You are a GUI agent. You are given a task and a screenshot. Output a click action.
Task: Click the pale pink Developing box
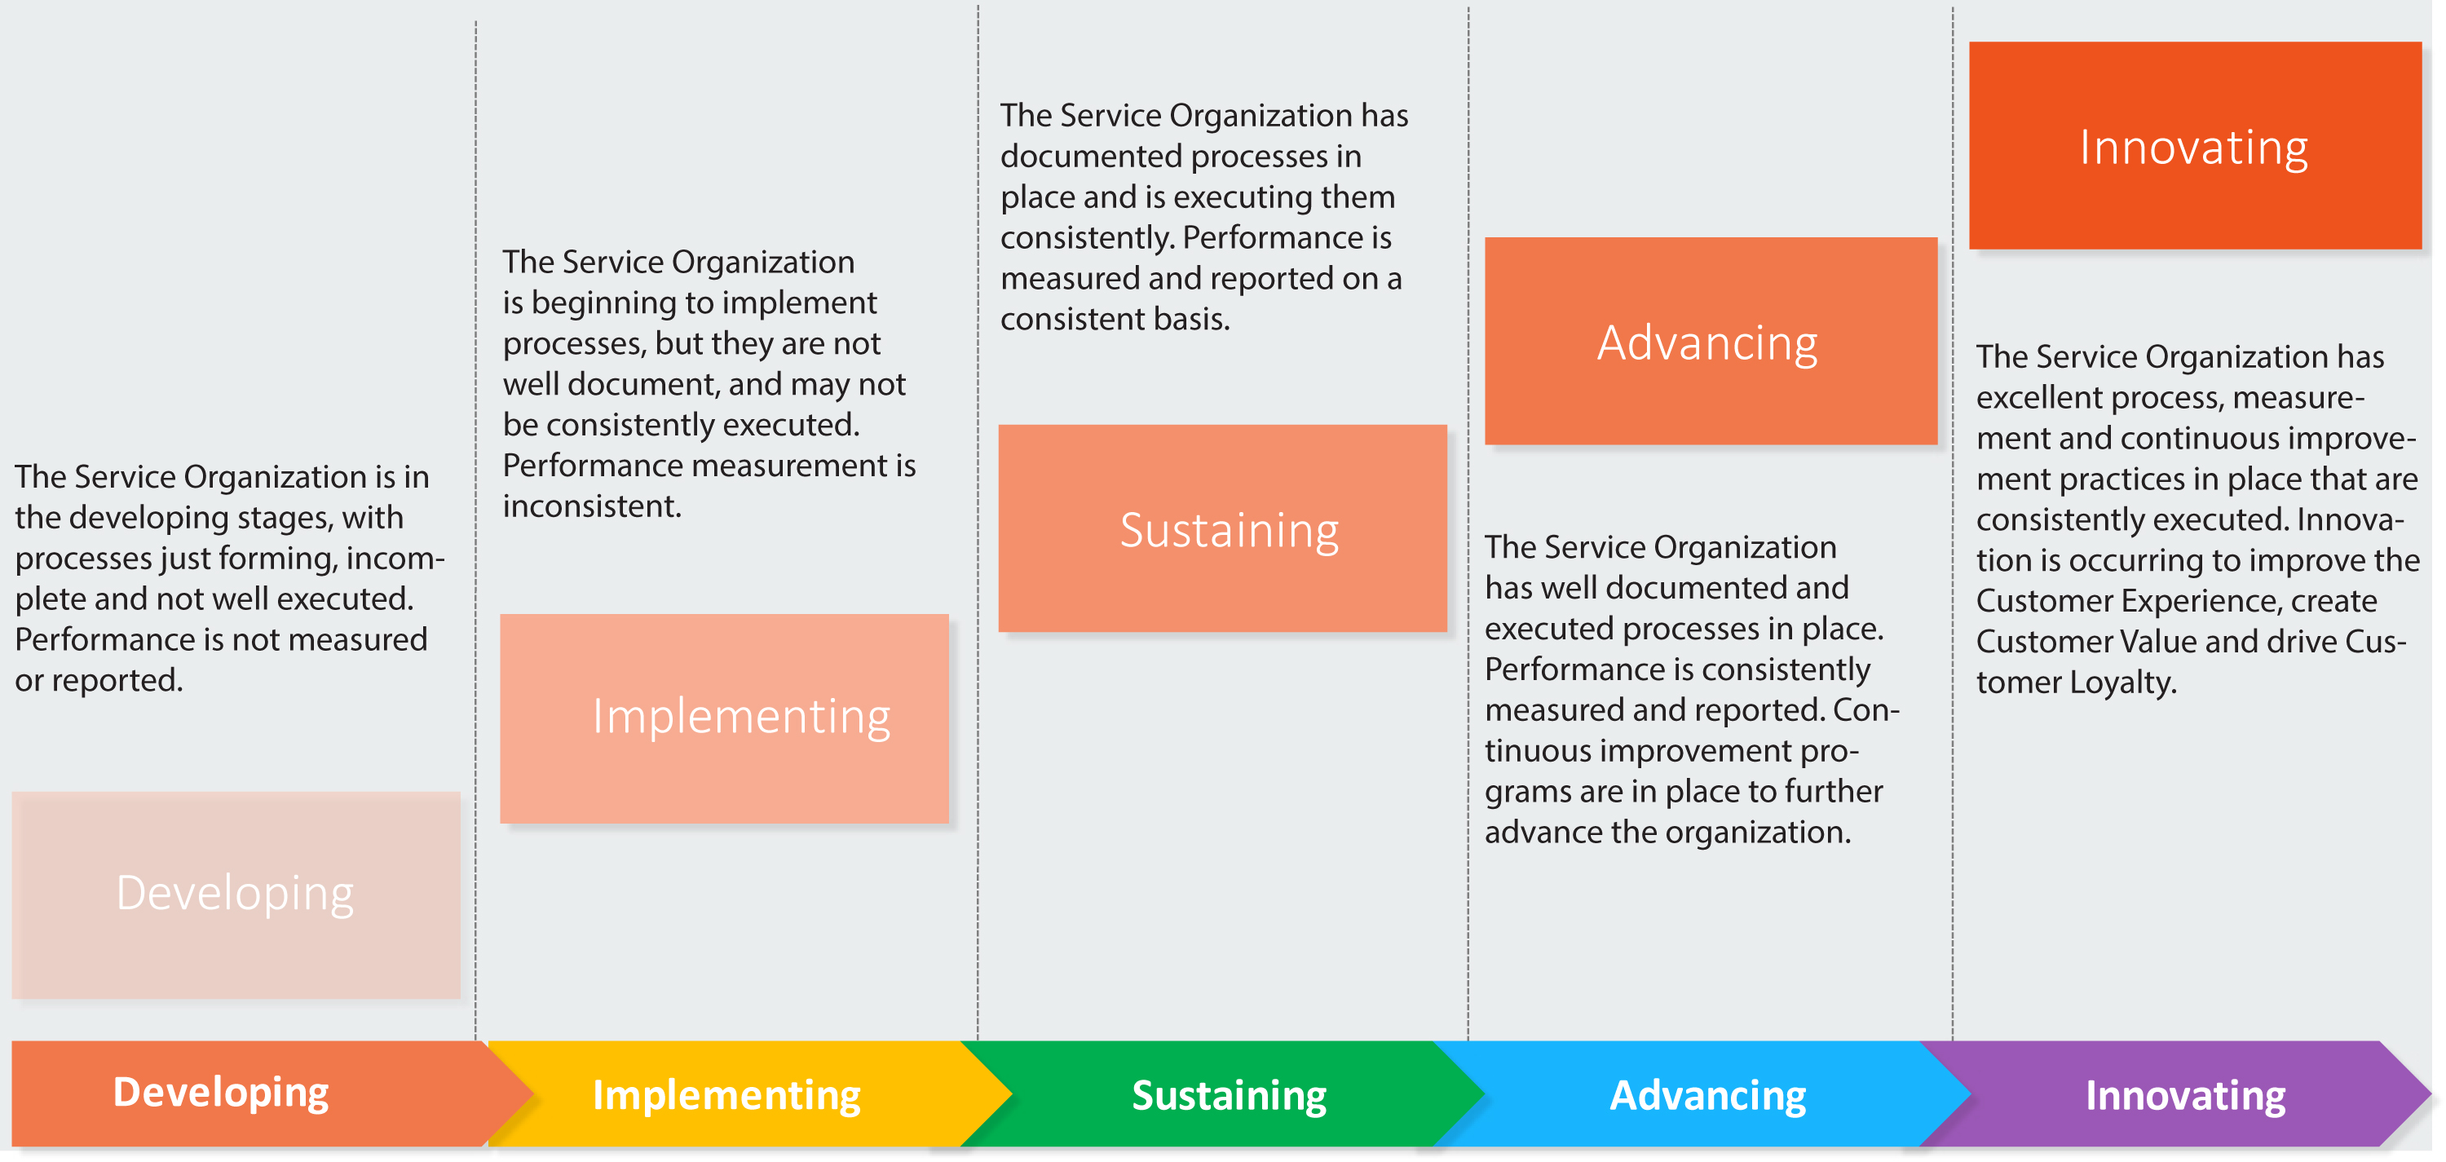click(236, 895)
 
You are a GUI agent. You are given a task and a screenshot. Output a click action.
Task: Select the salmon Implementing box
click(723, 718)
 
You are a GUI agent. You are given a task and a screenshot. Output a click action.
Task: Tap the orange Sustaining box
click(1222, 528)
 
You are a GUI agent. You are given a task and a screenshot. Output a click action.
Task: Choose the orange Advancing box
click(1710, 341)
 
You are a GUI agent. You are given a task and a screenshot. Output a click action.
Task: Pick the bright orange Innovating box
click(2194, 145)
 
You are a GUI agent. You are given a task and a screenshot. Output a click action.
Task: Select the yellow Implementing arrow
click(726, 1094)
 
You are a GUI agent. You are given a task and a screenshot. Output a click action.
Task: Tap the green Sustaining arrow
click(1229, 1094)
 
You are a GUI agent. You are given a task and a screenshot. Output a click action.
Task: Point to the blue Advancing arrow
click(1707, 1094)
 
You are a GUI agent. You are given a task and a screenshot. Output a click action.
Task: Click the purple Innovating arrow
click(2185, 1094)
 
